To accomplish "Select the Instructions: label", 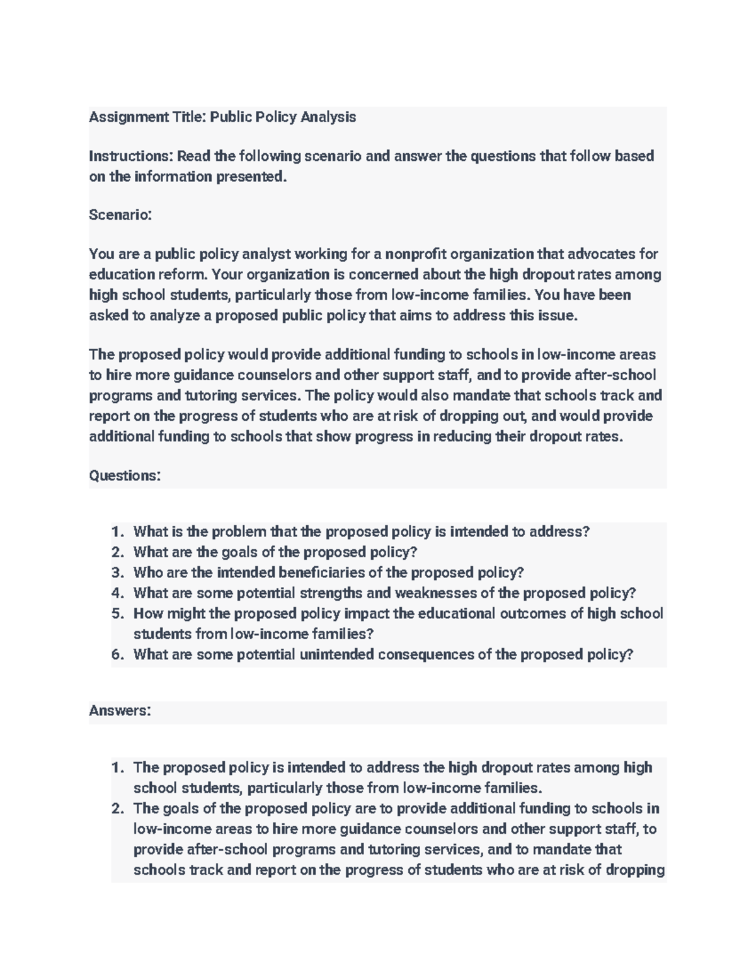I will coord(130,156).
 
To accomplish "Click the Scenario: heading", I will coord(120,215).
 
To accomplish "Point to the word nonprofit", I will coord(416,254).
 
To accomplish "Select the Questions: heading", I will coord(125,475).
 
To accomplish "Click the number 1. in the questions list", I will coord(118,532).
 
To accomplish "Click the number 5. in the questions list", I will coord(118,614).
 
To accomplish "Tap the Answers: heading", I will coord(120,711).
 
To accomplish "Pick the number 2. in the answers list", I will coord(118,809).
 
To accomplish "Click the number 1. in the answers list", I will coord(118,768).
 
